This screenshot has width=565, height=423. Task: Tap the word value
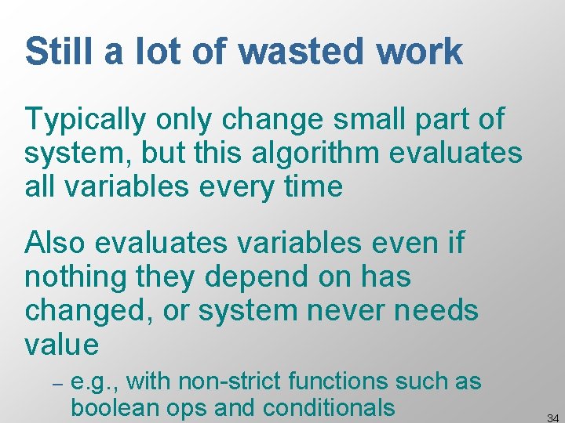[x=62, y=344]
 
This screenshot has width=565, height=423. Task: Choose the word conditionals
[x=329, y=408]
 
